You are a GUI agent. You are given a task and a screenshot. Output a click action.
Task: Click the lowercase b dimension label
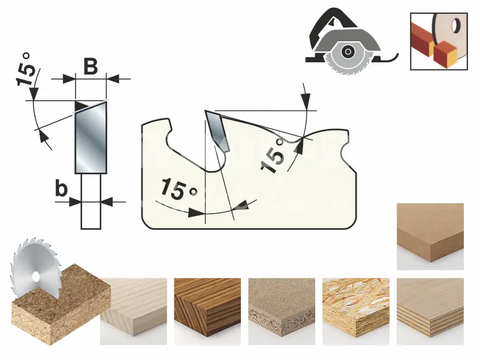coord(61,189)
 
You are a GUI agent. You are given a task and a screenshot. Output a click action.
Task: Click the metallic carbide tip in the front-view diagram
coord(91,137)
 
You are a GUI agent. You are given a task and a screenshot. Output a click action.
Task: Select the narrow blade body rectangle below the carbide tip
coord(91,201)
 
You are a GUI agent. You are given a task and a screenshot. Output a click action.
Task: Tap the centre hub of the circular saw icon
coord(347,52)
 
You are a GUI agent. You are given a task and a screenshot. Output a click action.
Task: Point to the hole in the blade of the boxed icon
coord(455,26)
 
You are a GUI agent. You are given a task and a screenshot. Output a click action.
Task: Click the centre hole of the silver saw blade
coord(36,276)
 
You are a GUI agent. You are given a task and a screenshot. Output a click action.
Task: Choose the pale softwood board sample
coord(134,311)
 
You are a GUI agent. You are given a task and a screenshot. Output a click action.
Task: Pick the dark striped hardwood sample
coord(207,311)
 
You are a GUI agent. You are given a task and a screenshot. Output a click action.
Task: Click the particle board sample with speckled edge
coord(281,311)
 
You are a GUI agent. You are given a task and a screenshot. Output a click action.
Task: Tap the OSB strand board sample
coord(356,311)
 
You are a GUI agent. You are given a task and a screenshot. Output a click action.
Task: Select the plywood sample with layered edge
coord(430,311)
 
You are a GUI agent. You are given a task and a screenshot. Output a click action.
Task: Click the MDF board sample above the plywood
coord(430,237)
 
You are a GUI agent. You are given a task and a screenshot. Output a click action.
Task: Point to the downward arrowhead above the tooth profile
coord(306,101)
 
